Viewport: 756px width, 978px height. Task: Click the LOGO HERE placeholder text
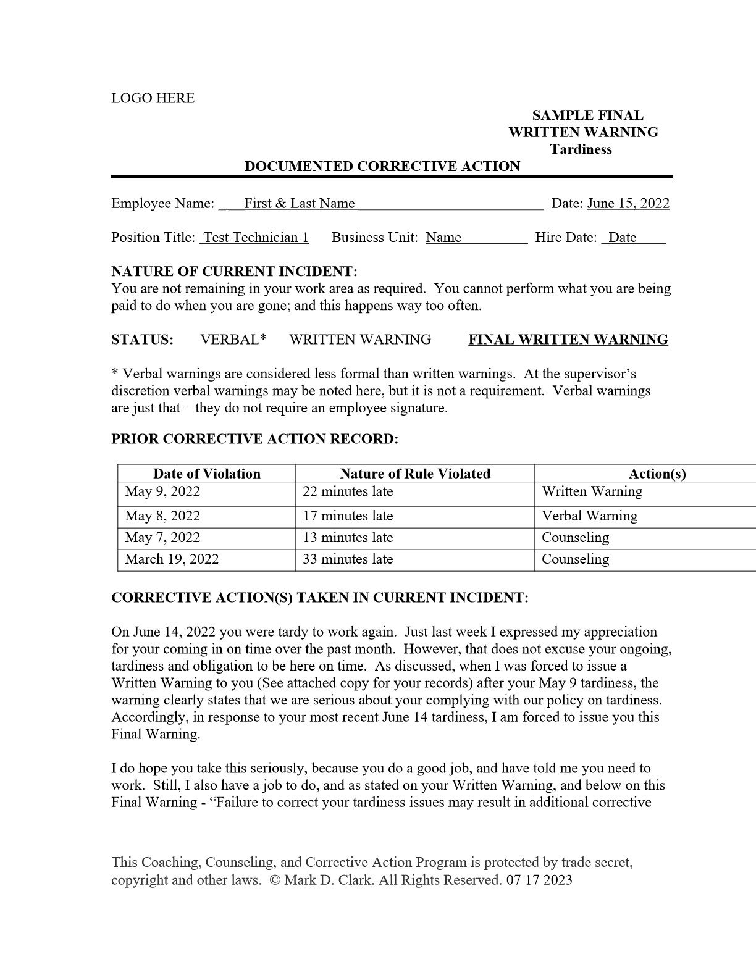[153, 98]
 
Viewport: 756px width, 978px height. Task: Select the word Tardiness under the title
[581, 149]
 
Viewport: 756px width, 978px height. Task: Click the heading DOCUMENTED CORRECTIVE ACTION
[382, 167]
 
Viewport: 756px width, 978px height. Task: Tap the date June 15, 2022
[628, 204]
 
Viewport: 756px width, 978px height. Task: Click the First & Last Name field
[299, 204]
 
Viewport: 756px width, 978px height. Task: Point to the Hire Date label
[566, 238]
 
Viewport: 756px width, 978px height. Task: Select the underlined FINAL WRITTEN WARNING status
[568, 340]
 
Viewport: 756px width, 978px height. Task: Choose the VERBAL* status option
[233, 340]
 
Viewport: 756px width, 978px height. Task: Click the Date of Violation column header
[206, 474]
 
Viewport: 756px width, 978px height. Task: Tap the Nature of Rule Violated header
[414, 474]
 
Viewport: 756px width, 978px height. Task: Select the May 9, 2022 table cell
[162, 491]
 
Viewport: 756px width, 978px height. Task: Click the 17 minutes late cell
[348, 516]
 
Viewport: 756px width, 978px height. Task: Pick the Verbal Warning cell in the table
[589, 516]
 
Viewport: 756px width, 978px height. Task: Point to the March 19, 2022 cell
[172, 559]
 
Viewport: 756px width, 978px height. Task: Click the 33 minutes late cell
[348, 559]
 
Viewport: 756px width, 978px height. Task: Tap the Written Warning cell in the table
[592, 491]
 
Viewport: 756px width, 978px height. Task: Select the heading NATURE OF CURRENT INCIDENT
[234, 272]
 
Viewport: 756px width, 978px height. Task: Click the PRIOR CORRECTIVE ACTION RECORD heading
[254, 440]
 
